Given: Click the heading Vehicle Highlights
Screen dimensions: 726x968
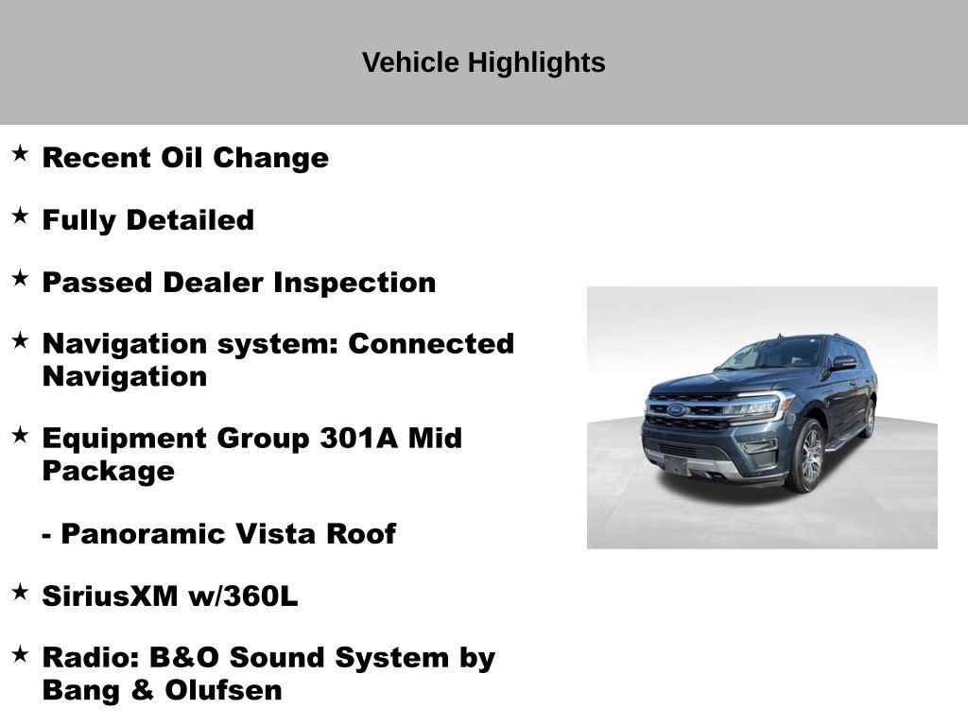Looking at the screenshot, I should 483,63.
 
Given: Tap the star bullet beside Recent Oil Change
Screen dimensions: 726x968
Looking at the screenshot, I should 20,153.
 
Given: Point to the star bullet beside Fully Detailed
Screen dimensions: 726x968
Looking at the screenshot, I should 20,216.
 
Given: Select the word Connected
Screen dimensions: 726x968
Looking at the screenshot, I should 431,344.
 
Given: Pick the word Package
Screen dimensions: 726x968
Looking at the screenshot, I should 108,471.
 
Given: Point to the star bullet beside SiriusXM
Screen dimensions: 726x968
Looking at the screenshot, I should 20,592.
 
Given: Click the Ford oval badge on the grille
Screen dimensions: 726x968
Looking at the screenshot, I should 677,410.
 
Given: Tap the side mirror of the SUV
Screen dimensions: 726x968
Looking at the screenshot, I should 842,363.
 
